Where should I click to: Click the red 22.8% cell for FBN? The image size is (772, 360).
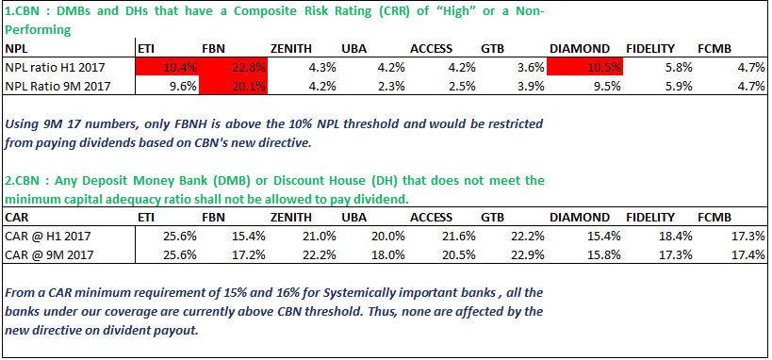[x=234, y=67]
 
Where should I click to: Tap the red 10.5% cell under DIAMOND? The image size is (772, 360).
[x=585, y=67]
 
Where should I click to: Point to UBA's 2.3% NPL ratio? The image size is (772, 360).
[x=391, y=86]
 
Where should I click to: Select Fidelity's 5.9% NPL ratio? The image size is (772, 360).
[x=678, y=86]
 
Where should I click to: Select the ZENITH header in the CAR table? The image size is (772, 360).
[x=291, y=217]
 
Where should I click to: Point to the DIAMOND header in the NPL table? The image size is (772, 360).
[x=580, y=49]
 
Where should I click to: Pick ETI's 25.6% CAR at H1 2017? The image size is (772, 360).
[x=180, y=237]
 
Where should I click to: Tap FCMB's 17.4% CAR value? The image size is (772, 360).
[x=747, y=255]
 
